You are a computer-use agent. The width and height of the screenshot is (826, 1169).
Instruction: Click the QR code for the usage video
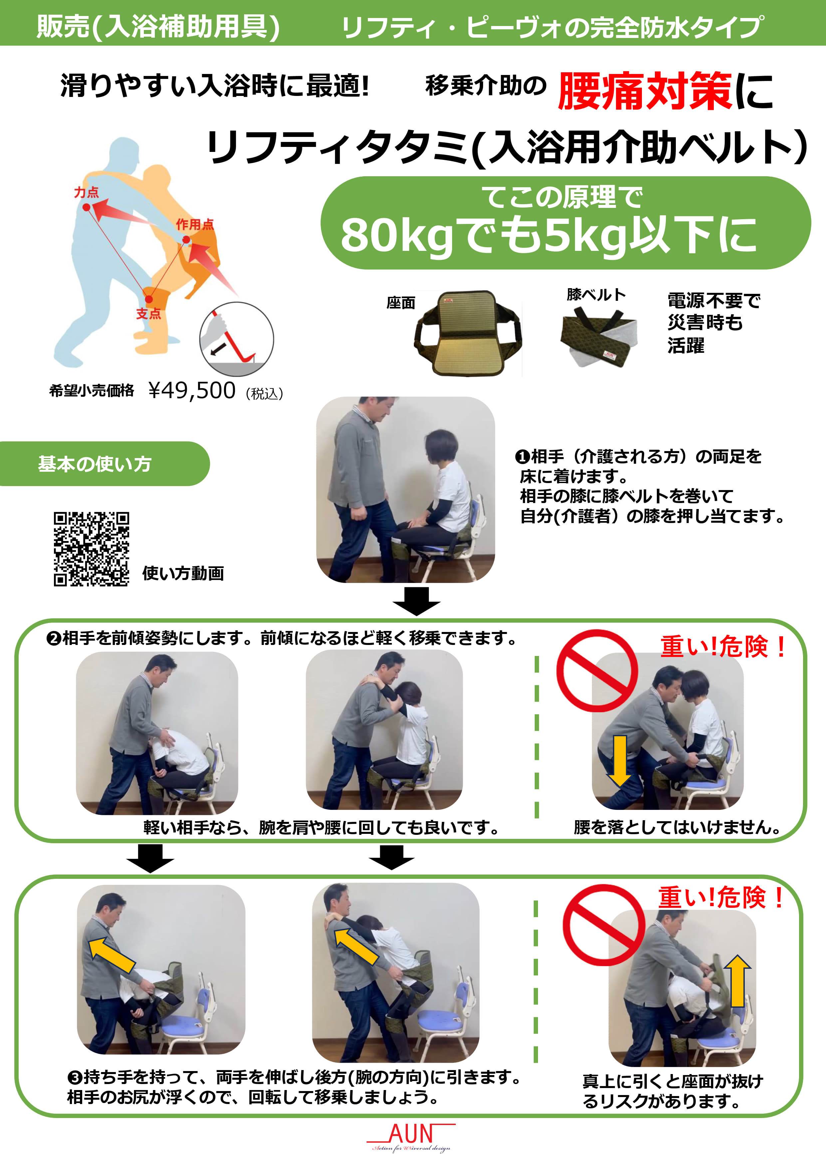pyautogui.click(x=91, y=549)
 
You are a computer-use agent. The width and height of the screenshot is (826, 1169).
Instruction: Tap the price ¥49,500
pyautogui.click(x=192, y=390)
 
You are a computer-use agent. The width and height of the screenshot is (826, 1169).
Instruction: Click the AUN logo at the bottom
pyautogui.click(x=411, y=1137)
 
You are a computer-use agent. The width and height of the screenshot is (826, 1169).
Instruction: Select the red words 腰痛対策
pyautogui.click(x=645, y=91)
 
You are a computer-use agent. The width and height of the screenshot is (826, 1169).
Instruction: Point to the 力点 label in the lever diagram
pyautogui.click(x=87, y=193)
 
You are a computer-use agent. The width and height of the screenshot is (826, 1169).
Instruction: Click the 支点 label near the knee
pyautogui.click(x=148, y=313)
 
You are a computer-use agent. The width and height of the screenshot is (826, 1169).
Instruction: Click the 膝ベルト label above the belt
pyautogui.click(x=596, y=294)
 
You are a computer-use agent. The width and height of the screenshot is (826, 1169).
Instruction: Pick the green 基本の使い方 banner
pyautogui.click(x=104, y=464)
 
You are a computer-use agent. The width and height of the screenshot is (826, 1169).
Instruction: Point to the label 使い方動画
pyautogui.click(x=183, y=573)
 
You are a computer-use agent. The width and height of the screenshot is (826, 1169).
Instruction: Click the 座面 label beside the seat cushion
pyautogui.click(x=401, y=303)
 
